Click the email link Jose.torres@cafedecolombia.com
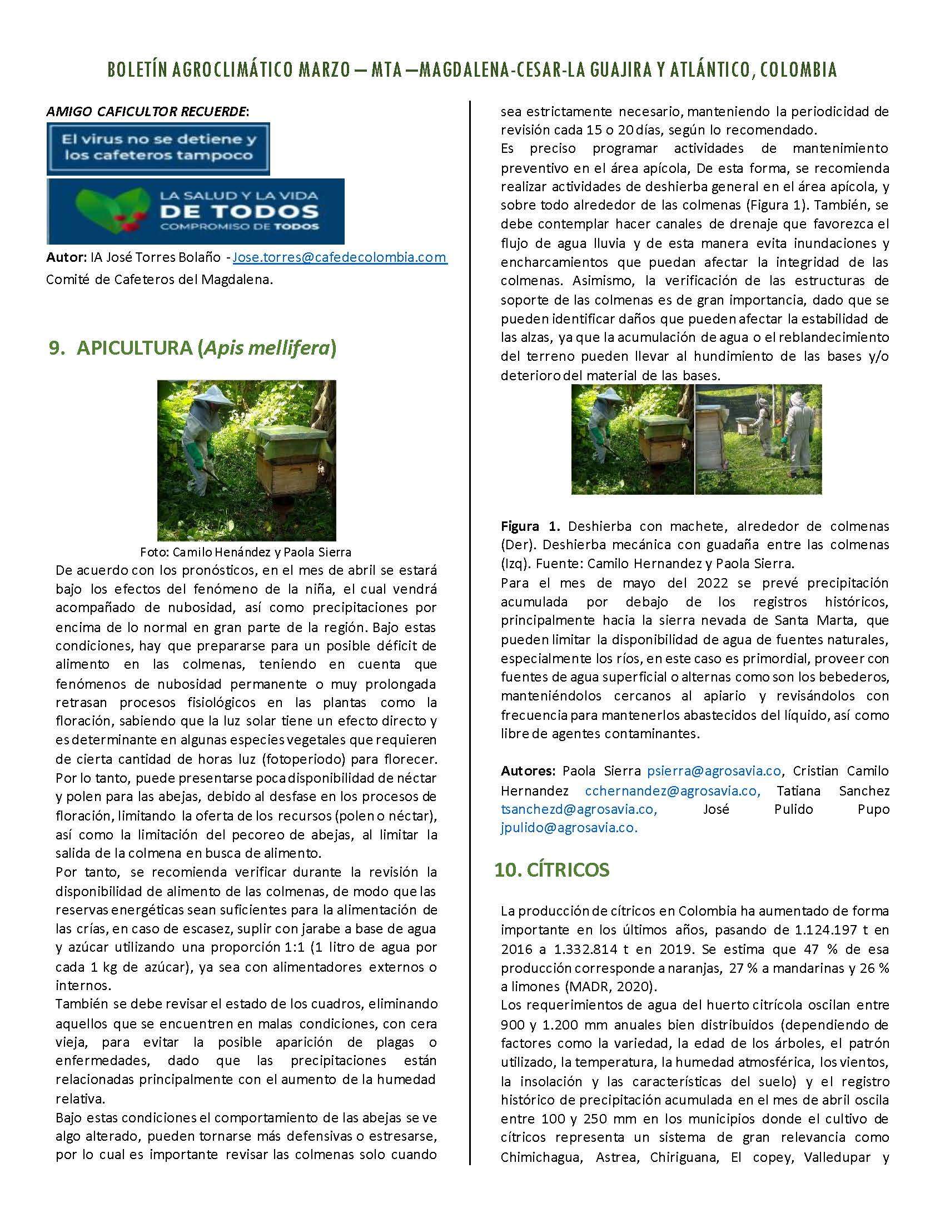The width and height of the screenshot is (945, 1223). [x=339, y=257]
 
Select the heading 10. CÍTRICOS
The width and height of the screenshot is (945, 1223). [x=551, y=869]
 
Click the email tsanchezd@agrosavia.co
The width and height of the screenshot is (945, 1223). [x=579, y=809]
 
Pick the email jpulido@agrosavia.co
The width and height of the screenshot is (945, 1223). [x=569, y=828]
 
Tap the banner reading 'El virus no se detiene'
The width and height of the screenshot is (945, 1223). [x=158, y=148]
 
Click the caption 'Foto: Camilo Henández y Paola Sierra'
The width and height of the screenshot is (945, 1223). [x=245, y=552]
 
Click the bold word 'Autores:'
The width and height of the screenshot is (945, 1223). [x=528, y=771]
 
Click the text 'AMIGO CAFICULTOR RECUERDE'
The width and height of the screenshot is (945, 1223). [x=146, y=111]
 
